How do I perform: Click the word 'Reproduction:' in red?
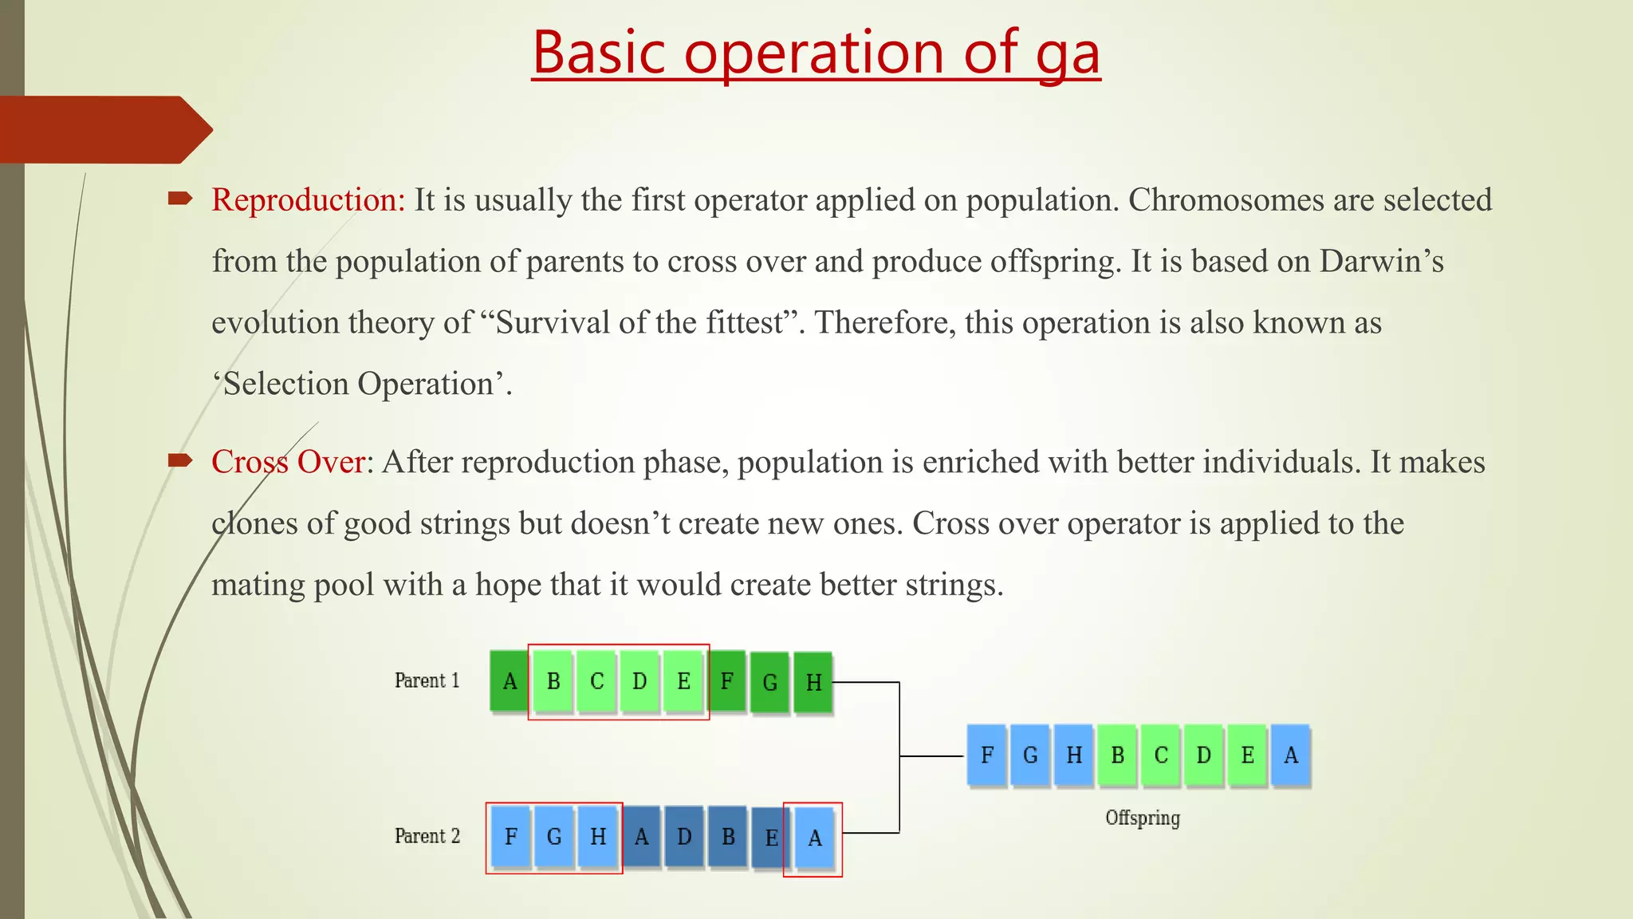click(x=309, y=200)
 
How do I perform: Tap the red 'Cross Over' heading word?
click(x=289, y=463)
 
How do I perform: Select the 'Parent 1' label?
click(x=427, y=680)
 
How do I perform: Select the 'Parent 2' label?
click(x=427, y=836)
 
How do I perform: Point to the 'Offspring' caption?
click(x=1142, y=818)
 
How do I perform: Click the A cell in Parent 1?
click(x=510, y=681)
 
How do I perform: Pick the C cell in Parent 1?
click(x=596, y=681)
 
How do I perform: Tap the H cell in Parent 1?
click(x=813, y=682)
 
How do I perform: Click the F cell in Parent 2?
click(x=511, y=837)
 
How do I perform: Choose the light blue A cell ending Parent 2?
click(x=814, y=838)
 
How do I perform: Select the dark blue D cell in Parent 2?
click(x=684, y=837)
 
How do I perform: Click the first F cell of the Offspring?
click(x=986, y=755)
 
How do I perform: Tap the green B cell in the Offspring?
click(x=1117, y=755)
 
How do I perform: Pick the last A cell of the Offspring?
click(x=1290, y=755)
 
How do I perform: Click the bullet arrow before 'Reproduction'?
click(x=180, y=199)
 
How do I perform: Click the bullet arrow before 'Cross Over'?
click(x=180, y=460)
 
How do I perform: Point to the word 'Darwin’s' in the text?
click(x=1381, y=262)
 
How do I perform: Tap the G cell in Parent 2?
click(x=554, y=837)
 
